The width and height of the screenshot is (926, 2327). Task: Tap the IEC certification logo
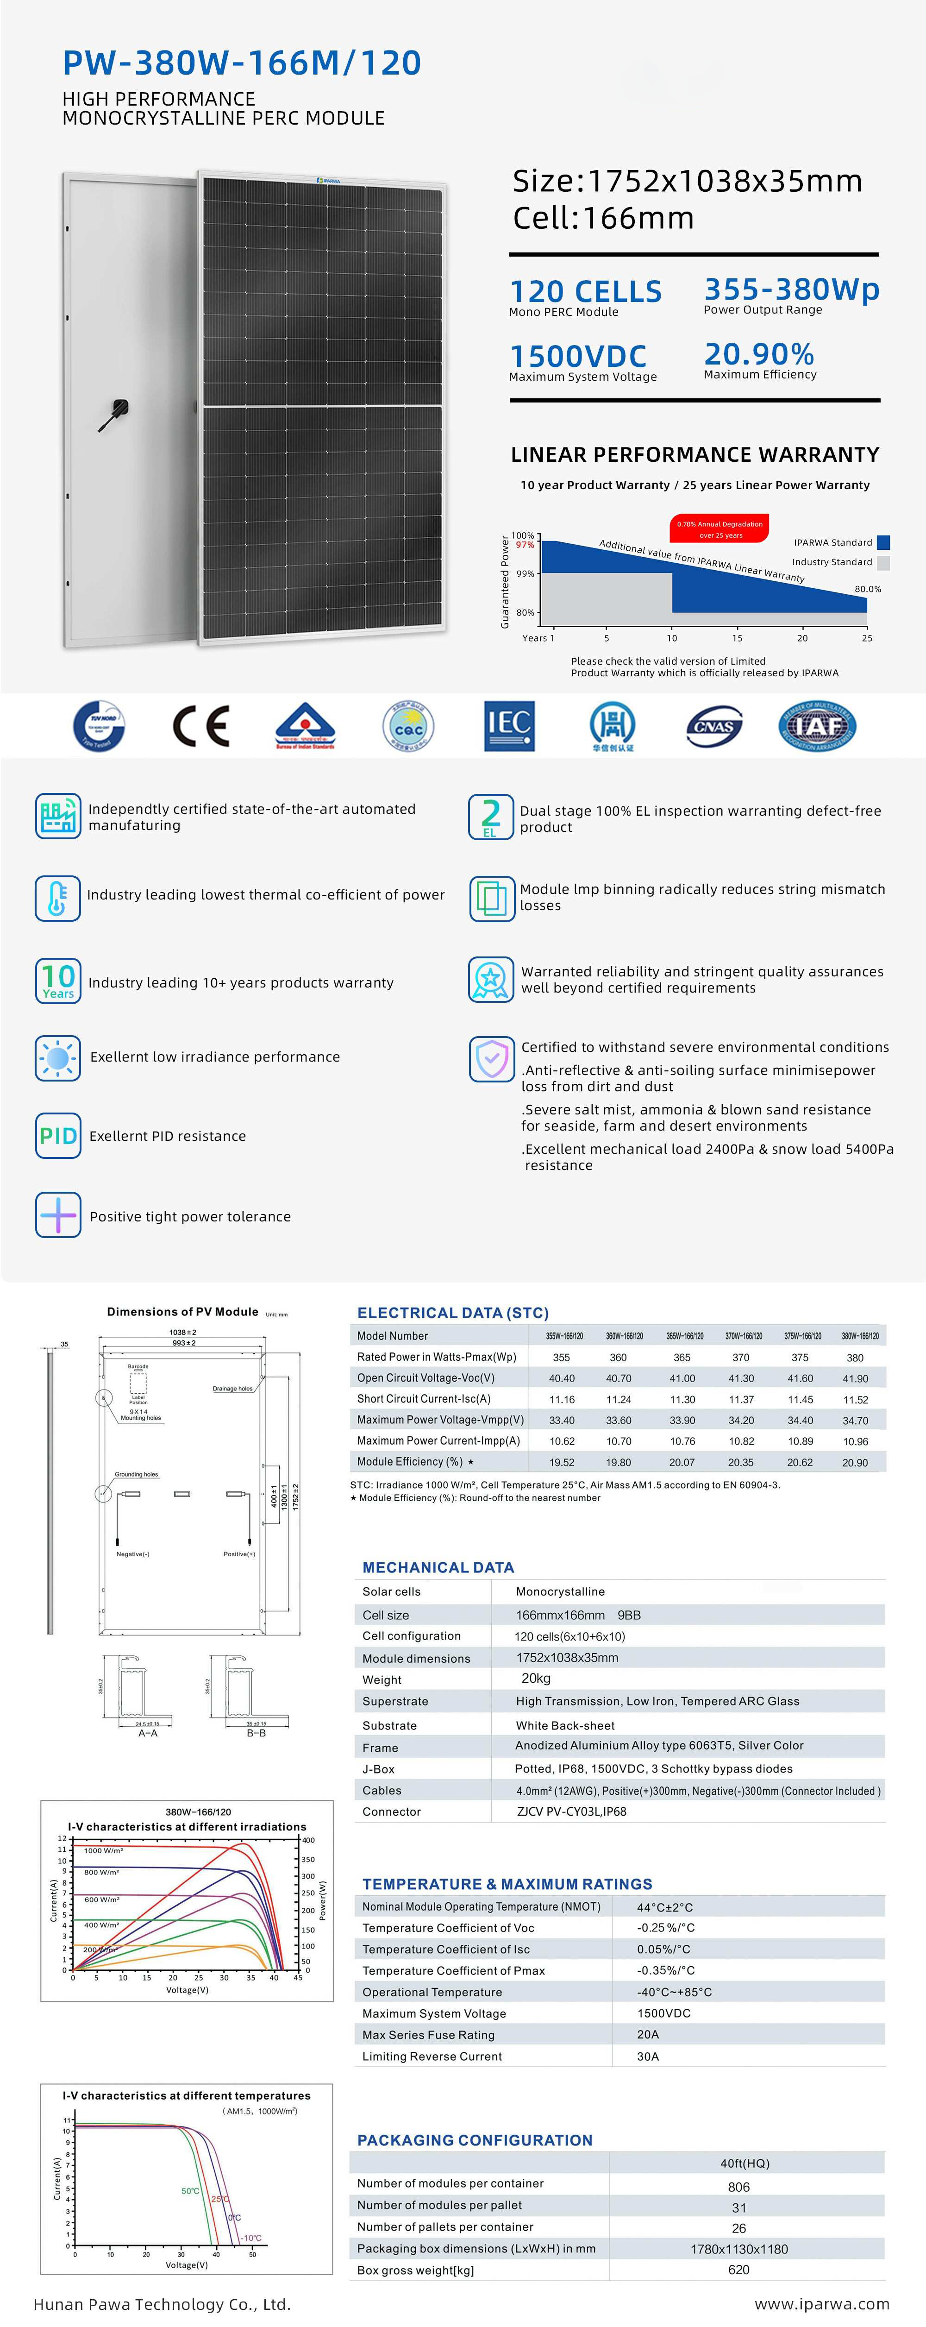(x=509, y=725)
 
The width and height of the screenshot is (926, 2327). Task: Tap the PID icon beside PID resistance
(x=58, y=1136)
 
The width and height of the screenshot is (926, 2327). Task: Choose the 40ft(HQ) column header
(x=745, y=2163)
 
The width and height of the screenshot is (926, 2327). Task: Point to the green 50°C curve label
(x=191, y=2191)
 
